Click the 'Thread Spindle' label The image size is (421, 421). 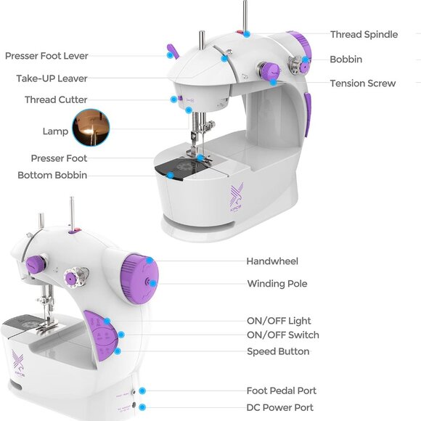pos(363,34)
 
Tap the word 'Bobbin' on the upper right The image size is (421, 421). pos(346,59)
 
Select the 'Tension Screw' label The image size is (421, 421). pos(363,83)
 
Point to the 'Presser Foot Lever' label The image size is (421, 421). pos(46,56)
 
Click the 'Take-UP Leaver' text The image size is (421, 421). pos(52,78)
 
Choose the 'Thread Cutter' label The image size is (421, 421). pos(56,99)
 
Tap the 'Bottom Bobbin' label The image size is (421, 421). pos(52,175)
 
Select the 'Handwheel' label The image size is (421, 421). pos(272,261)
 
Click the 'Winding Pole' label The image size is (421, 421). pos(277,284)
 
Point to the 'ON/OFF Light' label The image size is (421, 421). pos(279,321)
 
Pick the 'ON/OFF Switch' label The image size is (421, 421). pos(282,335)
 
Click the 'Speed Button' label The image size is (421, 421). pos(278,351)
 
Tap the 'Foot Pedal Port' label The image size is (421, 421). pos(281,391)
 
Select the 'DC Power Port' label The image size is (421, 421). pos(280,407)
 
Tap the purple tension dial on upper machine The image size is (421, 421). pos(269,72)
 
